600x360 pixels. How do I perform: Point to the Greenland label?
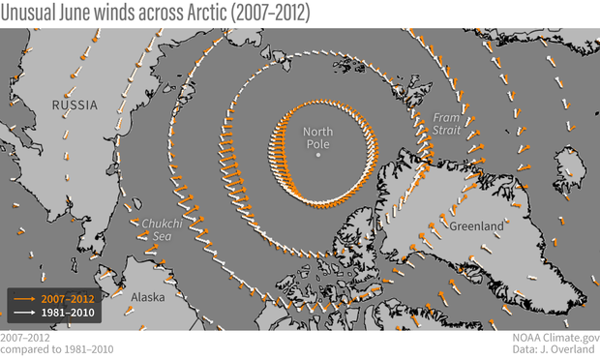tap(476, 225)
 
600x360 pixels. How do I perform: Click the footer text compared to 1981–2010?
tap(56, 349)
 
